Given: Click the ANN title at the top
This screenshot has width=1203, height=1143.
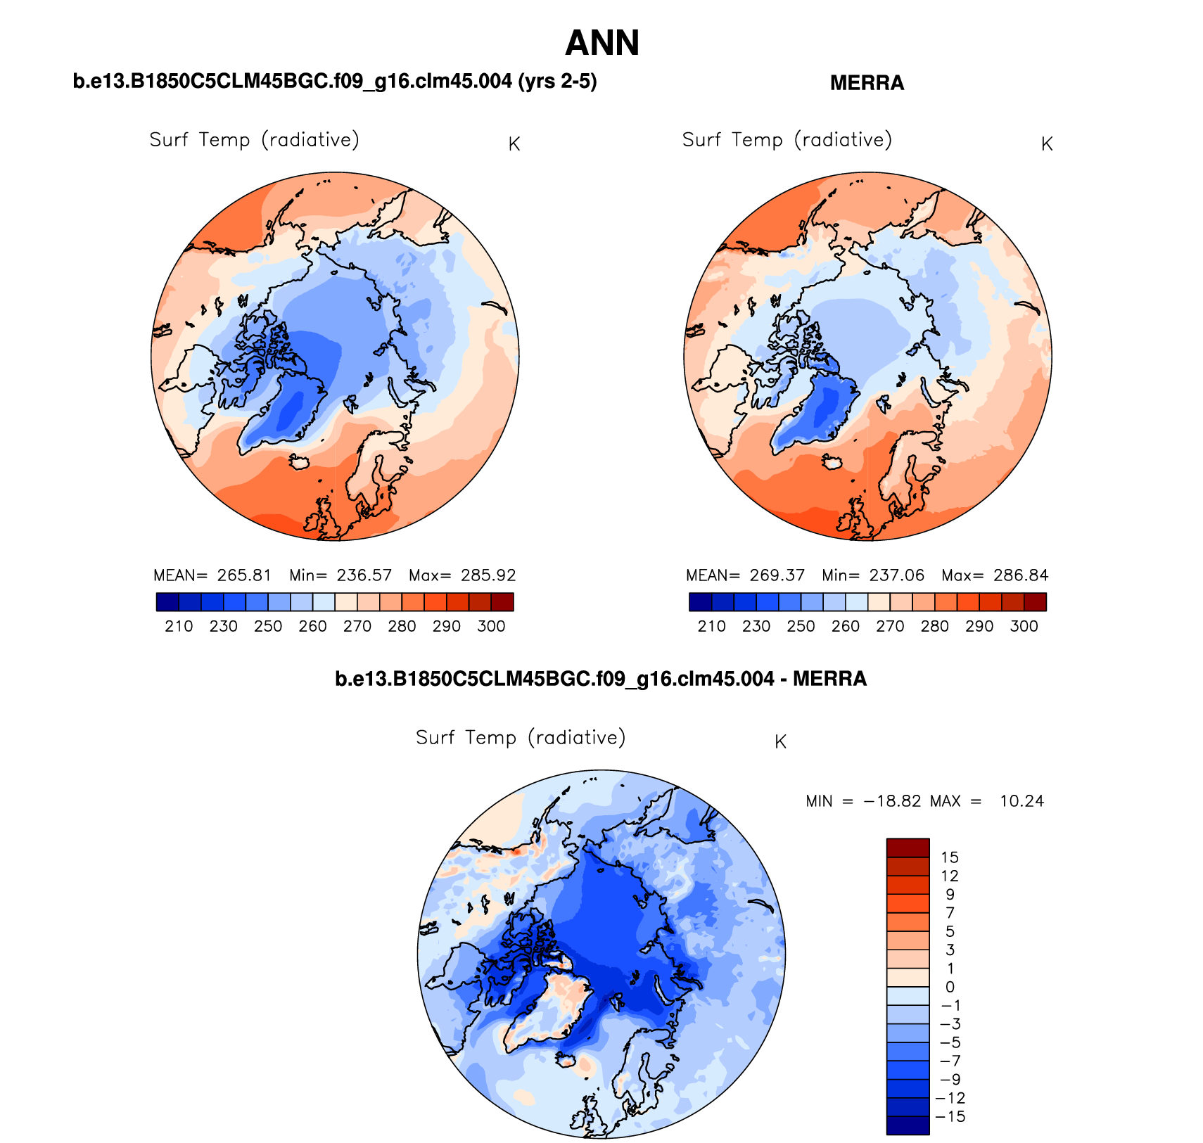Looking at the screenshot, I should (602, 44).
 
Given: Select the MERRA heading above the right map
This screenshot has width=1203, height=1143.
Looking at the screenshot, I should (867, 83).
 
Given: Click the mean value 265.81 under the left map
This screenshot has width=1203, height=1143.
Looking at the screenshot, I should (244, 575).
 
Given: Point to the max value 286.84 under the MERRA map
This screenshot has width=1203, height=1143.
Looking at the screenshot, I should (1021, 575).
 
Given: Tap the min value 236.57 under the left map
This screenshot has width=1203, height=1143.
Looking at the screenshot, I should (364, 575).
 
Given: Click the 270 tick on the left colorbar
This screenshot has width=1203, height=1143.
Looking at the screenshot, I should (357, 626).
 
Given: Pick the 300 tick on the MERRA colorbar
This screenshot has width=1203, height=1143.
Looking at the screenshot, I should (1024, 626).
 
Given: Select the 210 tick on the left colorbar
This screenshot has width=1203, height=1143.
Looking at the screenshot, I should (179, 626).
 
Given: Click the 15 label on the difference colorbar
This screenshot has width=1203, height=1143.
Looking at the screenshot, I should (950, 857).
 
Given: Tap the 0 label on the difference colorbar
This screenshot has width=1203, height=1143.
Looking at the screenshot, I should (950, 987).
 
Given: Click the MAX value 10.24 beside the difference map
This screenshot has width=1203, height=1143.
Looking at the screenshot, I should (1021, 801).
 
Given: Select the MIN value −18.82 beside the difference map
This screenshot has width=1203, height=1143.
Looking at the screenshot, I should (892, 801).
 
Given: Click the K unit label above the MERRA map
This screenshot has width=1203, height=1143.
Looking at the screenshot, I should (1047, 144).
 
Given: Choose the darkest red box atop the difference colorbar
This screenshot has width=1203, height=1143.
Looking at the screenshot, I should (908, 848).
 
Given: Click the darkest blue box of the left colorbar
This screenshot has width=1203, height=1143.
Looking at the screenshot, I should (167, 602).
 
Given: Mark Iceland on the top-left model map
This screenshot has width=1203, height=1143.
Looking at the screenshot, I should (299, 461).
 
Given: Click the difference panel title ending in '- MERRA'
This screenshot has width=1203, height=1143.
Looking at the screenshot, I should (601, 679).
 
